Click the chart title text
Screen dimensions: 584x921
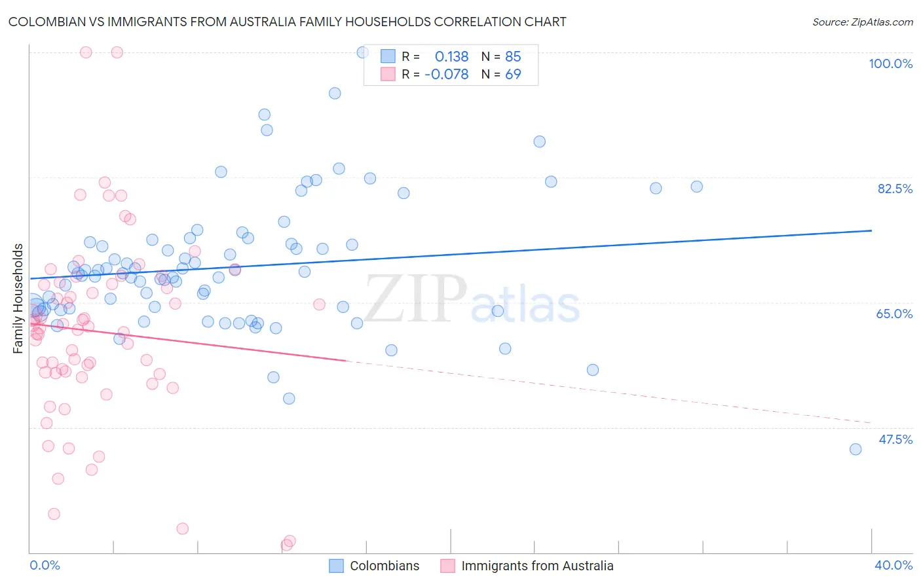[x=287, y=22]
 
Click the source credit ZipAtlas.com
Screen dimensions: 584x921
[x=862, y=22]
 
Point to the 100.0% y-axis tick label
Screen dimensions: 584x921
[x=890, y=64]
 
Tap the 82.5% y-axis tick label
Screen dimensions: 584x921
[x=895, y=189]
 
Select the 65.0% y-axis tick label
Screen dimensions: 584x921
[x=894, y=314]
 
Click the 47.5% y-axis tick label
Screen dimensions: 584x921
[x=895, y=439]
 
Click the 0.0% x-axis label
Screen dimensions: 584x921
[x=45, y=565]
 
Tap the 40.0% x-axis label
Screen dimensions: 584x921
[x=893, y=565]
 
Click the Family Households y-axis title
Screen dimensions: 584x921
[x=18, y=299]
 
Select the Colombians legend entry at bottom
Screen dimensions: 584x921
[x=384, y=566]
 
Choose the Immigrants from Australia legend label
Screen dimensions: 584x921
[x=537, y=566]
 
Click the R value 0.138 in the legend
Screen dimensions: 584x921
[x=451, y=57]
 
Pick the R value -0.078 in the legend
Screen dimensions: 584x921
[x=447, y=75]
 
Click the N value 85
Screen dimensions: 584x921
[x=513, y=57]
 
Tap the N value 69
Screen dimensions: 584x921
[x=513, y=75]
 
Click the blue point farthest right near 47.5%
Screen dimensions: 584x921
[x=855, y=449]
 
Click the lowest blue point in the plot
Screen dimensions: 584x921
[x=855, y=449]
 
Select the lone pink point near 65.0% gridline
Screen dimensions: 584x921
[x=319, y=304]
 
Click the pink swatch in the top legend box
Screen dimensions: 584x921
[x=388, y=75]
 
